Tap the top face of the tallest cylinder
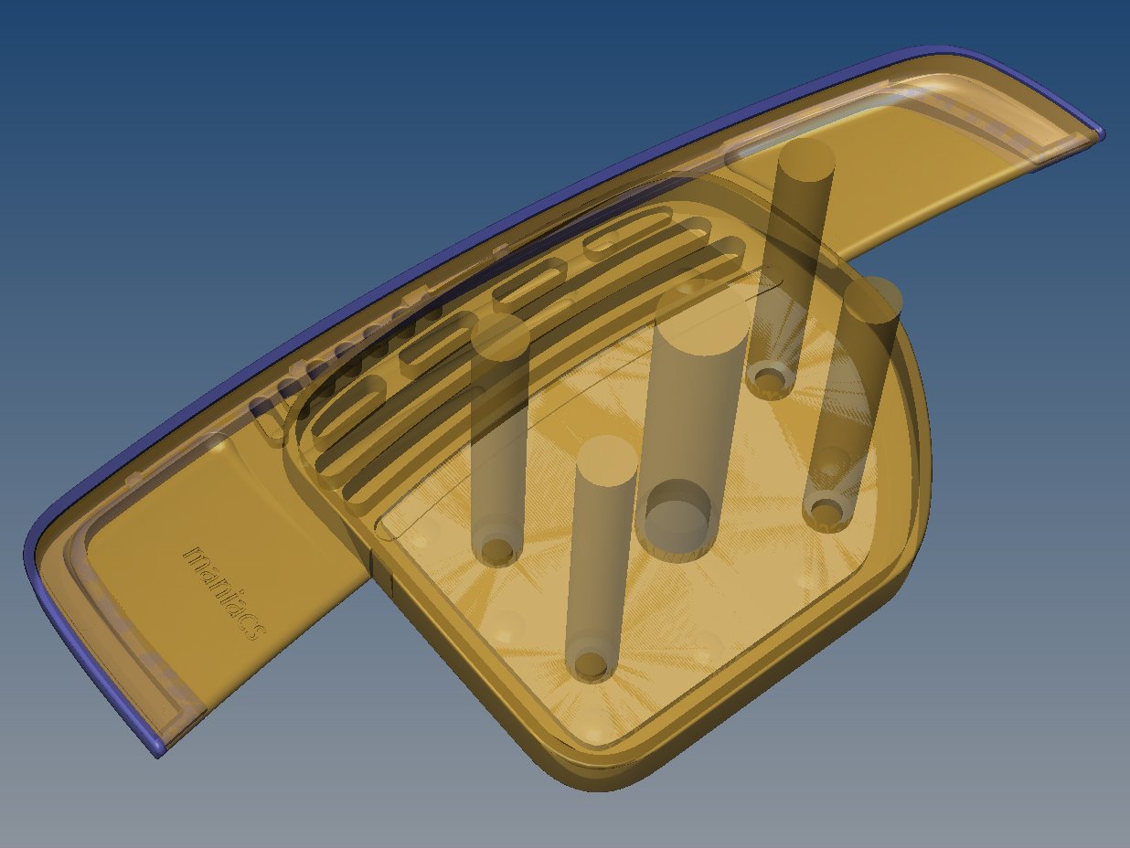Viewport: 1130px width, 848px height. (805, 160)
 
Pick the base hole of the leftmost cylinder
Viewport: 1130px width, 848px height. (497, 549)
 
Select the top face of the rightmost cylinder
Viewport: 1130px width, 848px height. (873, 300)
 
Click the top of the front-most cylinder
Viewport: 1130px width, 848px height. (606, 461)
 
